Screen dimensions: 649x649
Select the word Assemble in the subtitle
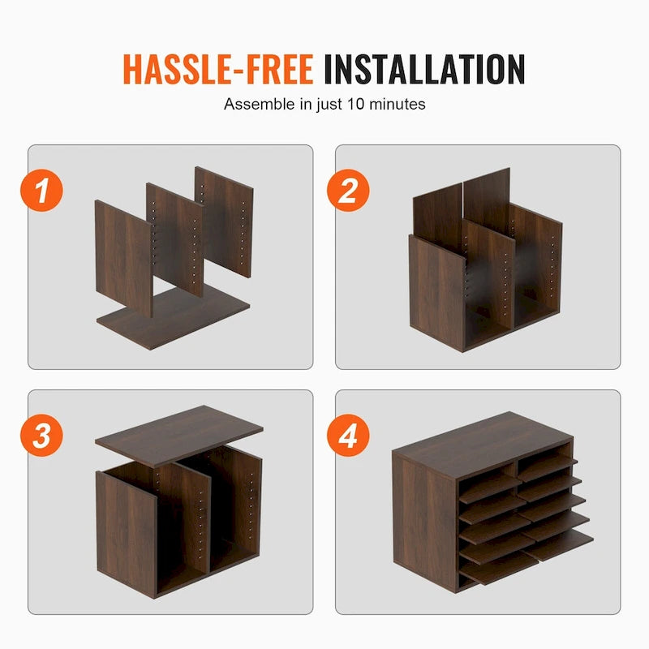point(251,105)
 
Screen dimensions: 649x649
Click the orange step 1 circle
point(41,191)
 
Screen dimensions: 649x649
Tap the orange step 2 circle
point(348,191)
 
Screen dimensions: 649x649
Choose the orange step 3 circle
point(41,436)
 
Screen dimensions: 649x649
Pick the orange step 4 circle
point(348,436)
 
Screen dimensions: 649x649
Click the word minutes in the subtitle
point(400,105)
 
